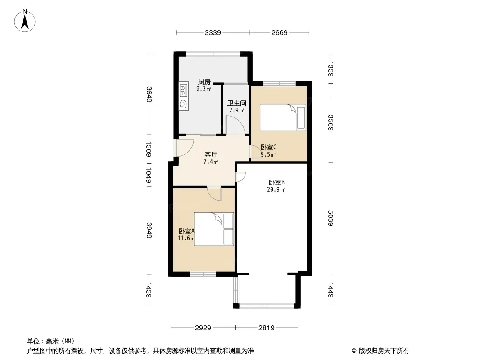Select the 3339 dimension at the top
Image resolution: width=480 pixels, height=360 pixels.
coord(213,32)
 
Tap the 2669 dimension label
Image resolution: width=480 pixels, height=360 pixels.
coord(279,32)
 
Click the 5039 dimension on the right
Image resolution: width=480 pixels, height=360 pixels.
coord(331,218)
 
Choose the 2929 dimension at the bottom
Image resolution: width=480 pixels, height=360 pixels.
coord(203,328)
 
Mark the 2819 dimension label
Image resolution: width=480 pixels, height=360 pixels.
coord(267,328)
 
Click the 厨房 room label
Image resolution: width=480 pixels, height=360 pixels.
coord(204,82)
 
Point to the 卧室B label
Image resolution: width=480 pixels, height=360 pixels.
coord(276,182)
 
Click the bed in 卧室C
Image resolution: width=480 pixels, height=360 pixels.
coord(283,117)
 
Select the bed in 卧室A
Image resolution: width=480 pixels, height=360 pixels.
coord(214,229)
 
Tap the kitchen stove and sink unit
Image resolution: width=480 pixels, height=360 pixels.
coord(183,95)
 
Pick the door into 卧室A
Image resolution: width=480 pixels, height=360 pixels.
coord(214,194)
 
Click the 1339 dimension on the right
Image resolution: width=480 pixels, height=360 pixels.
coord(331,68)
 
